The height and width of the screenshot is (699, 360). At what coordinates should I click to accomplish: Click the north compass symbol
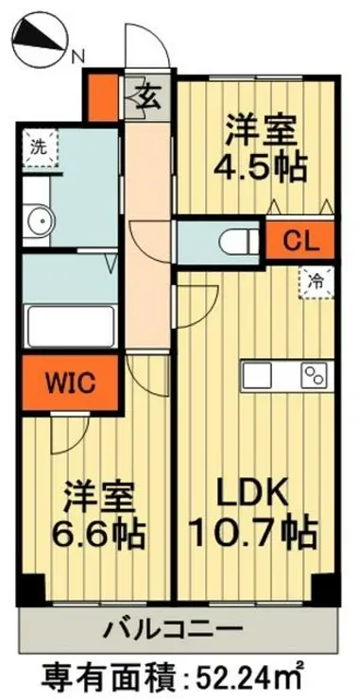[x=40, y=42]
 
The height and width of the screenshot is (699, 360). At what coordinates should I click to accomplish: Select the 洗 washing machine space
[x=41, y=148]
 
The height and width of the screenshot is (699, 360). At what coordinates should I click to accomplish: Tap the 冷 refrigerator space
[x=317, y=281]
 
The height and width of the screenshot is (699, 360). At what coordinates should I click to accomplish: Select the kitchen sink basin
[x=258, y=375]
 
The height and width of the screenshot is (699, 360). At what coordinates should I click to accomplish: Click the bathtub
[x=71, y=326]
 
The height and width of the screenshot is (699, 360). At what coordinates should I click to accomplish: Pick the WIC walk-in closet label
[x=70, y=382]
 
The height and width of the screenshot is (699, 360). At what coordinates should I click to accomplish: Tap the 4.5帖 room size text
[x=260, y=167]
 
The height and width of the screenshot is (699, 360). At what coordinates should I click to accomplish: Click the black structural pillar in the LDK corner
[x=325, y=588]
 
